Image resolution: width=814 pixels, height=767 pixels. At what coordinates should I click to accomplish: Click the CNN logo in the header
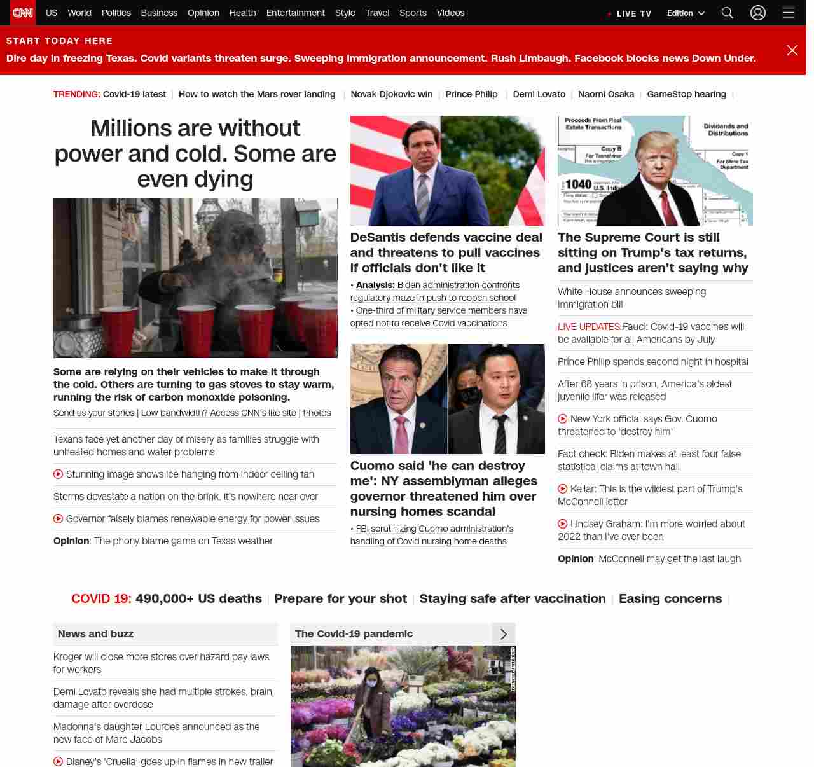coord(23,13)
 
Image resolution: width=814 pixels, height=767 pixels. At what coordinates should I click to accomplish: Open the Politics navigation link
coord(116,13)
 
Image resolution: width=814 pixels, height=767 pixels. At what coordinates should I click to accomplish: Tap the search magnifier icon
coord(728,13)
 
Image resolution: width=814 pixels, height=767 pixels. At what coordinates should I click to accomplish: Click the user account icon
coord(757,13)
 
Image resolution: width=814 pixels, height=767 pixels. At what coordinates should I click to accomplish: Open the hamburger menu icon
coord(789,13)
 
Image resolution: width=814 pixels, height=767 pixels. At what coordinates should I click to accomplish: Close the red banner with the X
coord(792,50)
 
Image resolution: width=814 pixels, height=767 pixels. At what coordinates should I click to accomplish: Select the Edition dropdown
coord(686,13)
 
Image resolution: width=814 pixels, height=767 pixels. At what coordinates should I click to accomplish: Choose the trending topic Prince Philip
coord(471,94)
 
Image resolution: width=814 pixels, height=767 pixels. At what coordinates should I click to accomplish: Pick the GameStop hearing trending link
coord(686,94)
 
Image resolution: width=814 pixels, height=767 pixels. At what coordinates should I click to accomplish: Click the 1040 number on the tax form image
coord(578,184)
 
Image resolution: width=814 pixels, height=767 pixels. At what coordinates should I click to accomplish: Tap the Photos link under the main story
coord(317,413)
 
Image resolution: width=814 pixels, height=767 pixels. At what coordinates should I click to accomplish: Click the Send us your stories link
coord(93,413)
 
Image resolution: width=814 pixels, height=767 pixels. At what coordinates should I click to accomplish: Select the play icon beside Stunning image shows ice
coord(58,474)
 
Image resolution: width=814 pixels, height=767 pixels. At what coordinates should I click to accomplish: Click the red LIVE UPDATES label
coord(588,327)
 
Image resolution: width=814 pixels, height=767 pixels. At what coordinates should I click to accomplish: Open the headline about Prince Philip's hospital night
coord(652,362)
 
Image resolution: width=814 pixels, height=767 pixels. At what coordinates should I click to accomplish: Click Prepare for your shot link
coord(340,598)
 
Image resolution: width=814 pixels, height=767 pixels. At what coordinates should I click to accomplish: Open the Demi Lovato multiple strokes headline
coord(162,698)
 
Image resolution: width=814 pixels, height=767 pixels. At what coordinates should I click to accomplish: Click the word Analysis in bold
coord(375,285)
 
